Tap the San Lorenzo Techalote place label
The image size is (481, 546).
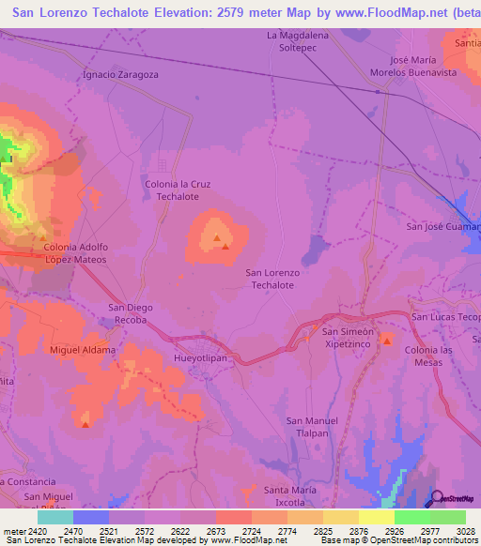point(272,279)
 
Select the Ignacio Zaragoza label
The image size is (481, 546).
point(120,73)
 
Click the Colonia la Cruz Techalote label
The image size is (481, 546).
point(178,190)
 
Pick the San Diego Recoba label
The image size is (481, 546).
point(131,313)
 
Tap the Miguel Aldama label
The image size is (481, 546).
point(83,350)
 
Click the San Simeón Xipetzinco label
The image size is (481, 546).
point(348,338)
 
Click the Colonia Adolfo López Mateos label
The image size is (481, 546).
point(76,252)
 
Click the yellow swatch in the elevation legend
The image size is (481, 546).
point(376,517)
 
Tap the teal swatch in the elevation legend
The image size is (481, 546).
point(54,517)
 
